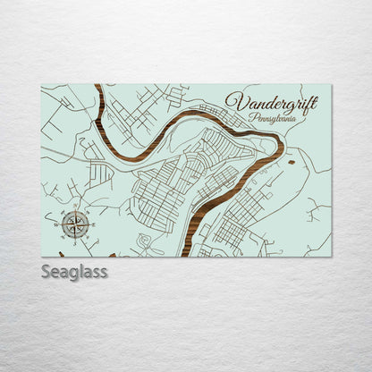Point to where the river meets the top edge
click(96, 86)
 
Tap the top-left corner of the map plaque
click(42, 85)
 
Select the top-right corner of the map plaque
click(331, 85)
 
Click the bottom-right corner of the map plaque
click(331, 256)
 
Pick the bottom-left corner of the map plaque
click(42, 256)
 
